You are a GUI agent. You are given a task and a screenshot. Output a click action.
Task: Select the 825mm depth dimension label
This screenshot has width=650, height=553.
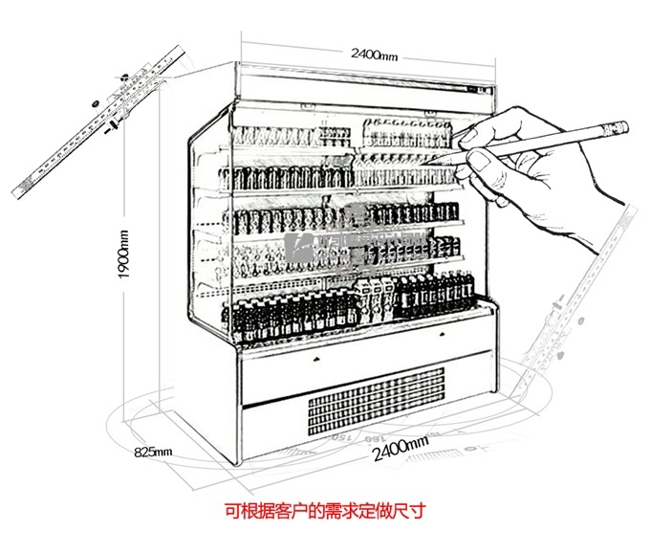coord(153,451)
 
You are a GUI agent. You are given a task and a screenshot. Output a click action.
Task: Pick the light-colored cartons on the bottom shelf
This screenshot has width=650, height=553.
coord(373,299)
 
